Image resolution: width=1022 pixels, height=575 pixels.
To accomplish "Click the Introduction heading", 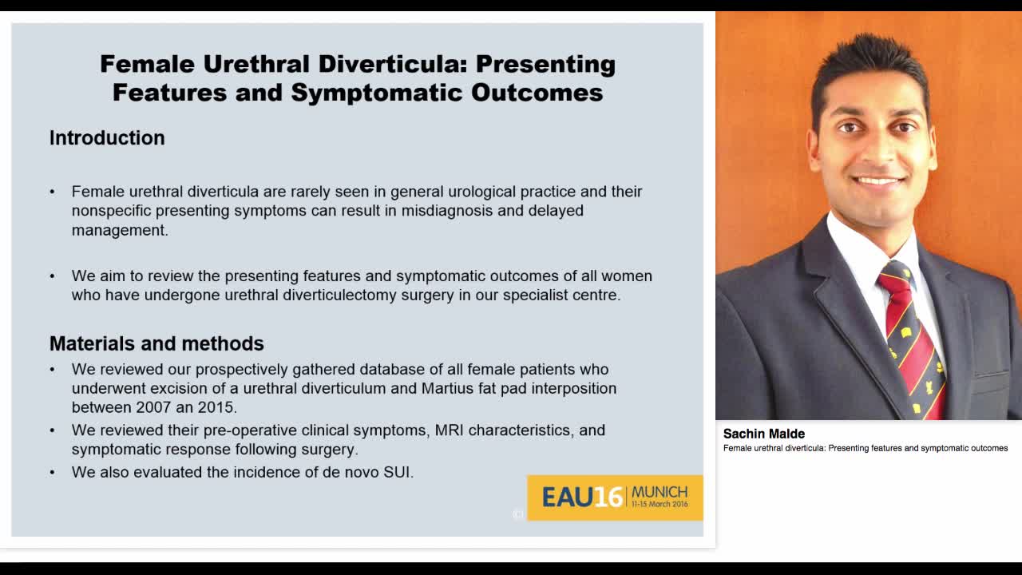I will click(x=107, y=138).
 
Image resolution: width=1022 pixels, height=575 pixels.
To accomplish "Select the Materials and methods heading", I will click(x=156, y=343).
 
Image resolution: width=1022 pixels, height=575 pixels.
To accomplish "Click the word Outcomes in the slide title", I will click(x=537, y=93).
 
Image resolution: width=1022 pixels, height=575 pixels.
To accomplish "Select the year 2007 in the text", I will click(x=153, y=407).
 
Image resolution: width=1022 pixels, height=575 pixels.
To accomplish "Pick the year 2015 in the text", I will click(x=219, y=407).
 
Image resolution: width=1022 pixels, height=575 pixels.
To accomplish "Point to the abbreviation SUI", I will click(x=397, y=472).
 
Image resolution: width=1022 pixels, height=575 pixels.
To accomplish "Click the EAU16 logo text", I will click(x=582, y=498).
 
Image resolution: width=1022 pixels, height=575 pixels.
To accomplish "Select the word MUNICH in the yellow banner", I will click(x=660, y=492).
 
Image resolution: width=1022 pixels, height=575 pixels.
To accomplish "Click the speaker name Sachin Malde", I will click(x=764, y=434).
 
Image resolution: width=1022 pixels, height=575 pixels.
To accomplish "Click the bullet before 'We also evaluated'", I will click(x=53, y=472).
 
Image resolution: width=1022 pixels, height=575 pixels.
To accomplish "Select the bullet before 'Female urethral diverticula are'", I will click(x=53, y=192).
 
